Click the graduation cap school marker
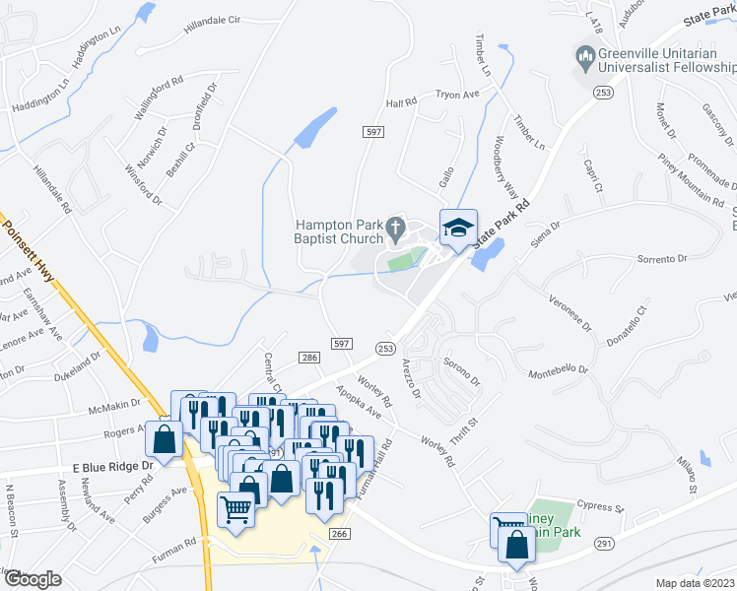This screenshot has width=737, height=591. [457, 229]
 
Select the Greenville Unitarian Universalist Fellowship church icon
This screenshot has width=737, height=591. [586, 60]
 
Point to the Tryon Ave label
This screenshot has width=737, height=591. [456, 95]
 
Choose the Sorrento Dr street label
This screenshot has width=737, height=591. [661, 259]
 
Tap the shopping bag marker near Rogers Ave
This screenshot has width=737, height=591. [165, 439]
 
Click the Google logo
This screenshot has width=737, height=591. [33, 579]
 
